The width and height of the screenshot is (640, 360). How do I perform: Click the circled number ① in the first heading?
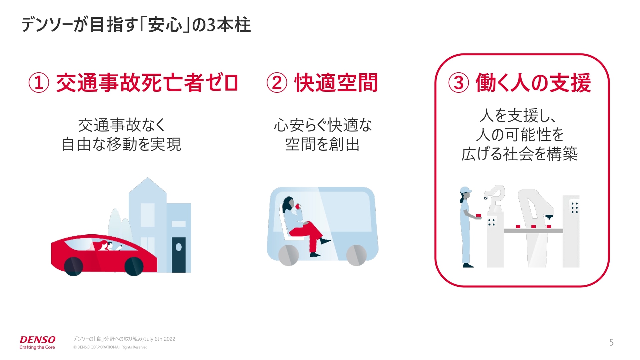(39, 83)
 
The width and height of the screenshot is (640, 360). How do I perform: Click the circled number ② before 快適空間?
(277, 83)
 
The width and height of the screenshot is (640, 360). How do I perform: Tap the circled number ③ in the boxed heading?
(458, 83)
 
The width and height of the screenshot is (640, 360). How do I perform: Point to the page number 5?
(611, 342)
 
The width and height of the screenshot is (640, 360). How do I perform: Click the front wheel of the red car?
(134, 266)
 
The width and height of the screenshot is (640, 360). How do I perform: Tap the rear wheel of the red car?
(73, 266)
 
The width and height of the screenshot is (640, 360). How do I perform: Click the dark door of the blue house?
(178, 255)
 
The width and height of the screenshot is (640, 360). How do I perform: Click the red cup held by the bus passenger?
(298, 206)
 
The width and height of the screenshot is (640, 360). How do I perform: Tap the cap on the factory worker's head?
(465, 190)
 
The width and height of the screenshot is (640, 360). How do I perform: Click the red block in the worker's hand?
(479, 216)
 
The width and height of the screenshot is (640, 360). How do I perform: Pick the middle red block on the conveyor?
(533, 227)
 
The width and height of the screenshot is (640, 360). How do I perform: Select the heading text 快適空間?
(336, 83)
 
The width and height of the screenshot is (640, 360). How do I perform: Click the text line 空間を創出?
(322, 144)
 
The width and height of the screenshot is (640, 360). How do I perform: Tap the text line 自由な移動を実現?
(121, 144)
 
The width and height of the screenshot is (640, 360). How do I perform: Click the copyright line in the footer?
(111, 347)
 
